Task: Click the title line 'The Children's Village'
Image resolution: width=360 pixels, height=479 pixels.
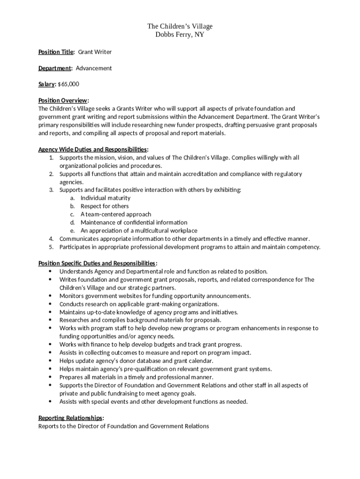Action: click(x=180, y=26)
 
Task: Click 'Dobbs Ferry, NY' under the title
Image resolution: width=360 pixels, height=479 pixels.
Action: click(x=180, y=35)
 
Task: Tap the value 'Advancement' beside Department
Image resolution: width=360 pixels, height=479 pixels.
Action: click(x=94, y=68)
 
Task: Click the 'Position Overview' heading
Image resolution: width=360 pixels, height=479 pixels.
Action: click(x=63, y=101)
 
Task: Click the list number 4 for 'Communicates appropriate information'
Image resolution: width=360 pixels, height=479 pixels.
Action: click(x=51, y=239)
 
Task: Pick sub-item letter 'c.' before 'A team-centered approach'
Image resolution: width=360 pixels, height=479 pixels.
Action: click(x=72, y=214)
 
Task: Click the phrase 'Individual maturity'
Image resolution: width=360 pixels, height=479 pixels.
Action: click(x=106, y=198)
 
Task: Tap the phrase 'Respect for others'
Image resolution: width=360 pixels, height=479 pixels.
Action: click(x=105, y=206)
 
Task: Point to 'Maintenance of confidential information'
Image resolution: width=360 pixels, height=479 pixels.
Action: click(x=134, y=223)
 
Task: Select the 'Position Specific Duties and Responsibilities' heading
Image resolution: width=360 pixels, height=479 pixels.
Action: click(x=97, y=263)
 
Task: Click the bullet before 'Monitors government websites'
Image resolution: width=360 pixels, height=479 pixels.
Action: click(x=50, y=296)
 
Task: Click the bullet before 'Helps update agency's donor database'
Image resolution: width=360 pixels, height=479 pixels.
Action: click(x=50, y=361)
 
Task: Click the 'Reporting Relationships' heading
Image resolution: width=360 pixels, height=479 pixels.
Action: click(x=71, y=418)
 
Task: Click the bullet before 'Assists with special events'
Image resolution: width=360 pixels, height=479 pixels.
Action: click(x=50, y=401)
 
